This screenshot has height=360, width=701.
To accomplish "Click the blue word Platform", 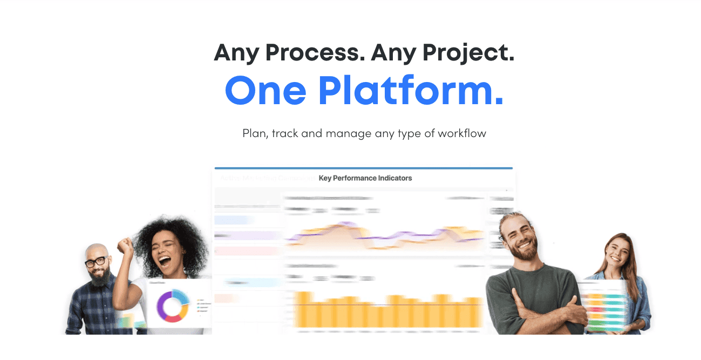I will click(410, 90).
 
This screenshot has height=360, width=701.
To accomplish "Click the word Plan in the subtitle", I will click(255, 133).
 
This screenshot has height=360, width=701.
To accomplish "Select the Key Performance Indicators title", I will click(365, 178).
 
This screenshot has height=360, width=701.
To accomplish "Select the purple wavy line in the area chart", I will click(378, 237).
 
